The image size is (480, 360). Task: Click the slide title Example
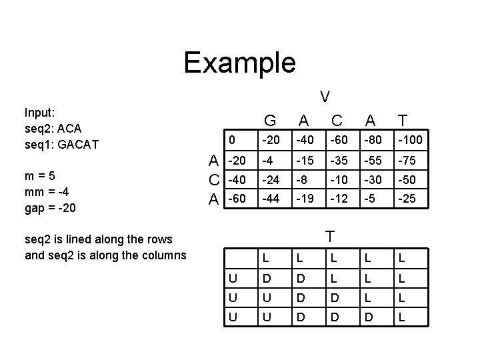click(239, 63)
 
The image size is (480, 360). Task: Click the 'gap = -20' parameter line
click(50, 208)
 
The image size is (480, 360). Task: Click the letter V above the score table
click(324, 96)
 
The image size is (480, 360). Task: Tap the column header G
click(271, 121)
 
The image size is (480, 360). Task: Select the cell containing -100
click(410, 141)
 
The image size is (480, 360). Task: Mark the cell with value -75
click(407, 161)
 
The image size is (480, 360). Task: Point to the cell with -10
click(340, 179)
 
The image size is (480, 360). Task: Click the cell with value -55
click(374, 161)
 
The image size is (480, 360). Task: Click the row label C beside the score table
click(213, 179)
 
